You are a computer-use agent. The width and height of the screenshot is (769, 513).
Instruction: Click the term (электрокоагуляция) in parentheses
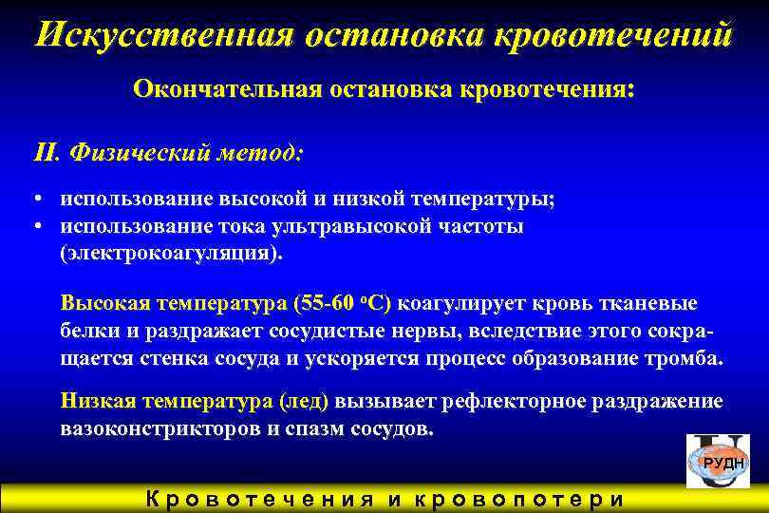pos(171,255)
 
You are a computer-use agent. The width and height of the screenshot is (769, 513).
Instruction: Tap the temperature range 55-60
pos(328,304)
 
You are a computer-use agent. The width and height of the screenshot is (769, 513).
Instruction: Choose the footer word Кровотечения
pos(259,501)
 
